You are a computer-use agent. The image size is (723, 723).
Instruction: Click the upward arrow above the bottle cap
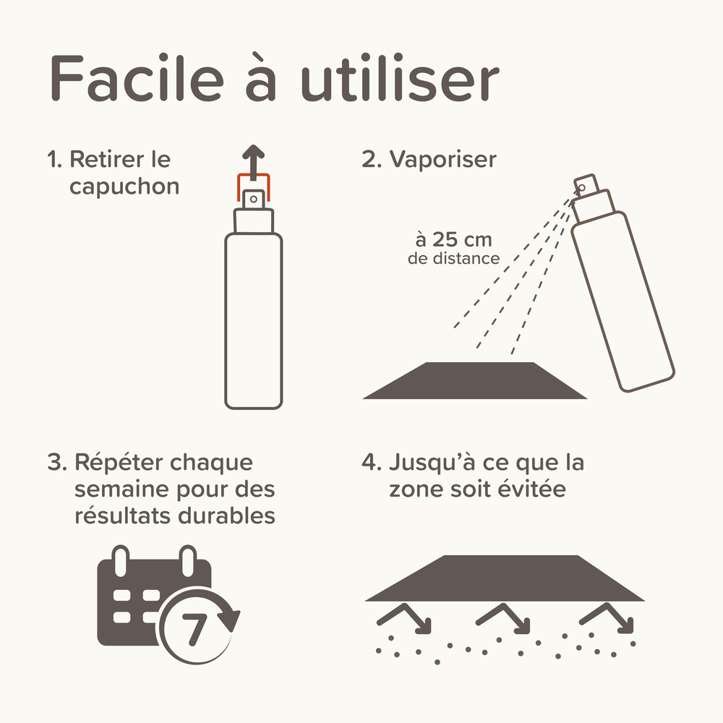[252, 158]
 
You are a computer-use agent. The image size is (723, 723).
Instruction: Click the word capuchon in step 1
[124, 187]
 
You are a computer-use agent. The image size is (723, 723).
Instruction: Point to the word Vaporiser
[442, 159]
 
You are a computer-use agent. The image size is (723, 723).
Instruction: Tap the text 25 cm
[453, 239]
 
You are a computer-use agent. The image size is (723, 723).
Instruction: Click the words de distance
[453, 258]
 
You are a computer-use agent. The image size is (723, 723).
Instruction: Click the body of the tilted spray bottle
[622, 304]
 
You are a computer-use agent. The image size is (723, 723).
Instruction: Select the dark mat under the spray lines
[474, 380]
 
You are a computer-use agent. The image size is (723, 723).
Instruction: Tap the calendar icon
[145, 596]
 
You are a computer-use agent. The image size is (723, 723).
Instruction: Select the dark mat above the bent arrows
[504, 578]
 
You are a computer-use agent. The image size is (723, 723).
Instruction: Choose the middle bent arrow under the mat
[504, 617]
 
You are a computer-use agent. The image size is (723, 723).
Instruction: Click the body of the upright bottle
[253, 318]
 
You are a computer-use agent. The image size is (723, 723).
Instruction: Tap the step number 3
[55, 463]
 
